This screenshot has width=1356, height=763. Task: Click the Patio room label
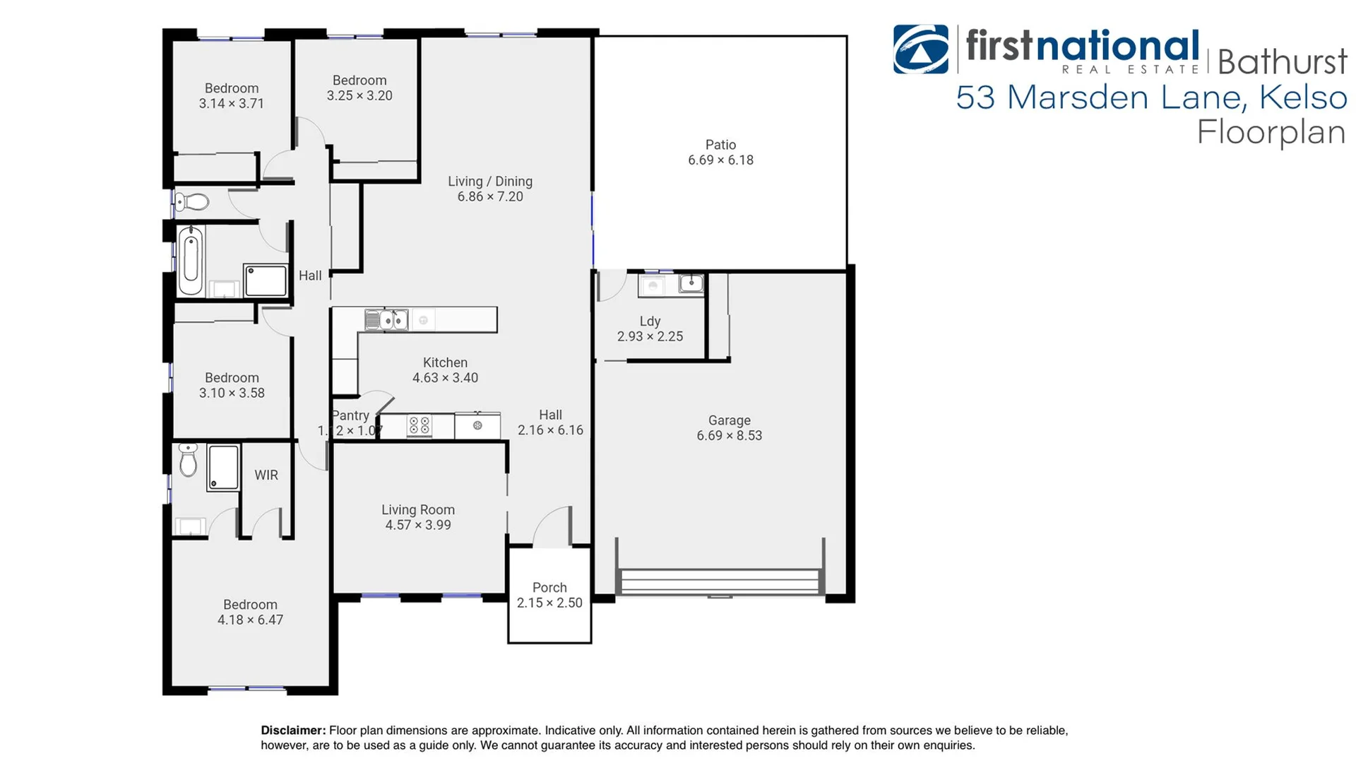coord(720,145)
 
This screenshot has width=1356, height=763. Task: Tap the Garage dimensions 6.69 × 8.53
coord(729,436)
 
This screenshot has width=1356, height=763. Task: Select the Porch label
coord(549,588)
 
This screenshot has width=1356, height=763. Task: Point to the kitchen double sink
coord(386,320)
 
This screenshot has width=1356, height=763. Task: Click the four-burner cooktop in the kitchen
coord(420,426)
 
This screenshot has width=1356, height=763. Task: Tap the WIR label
coord(266,475)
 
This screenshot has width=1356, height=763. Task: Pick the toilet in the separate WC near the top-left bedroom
coord(191,203)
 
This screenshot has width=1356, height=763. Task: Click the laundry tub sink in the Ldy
coord(690,284)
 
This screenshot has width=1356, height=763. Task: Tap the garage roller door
coord(720,582)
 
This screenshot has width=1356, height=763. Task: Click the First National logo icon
coord(920,49)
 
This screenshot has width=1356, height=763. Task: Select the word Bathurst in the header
coord(1282,62)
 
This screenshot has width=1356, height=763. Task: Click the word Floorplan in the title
coord(1271,133)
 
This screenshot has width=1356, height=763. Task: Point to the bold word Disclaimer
coord(293,731)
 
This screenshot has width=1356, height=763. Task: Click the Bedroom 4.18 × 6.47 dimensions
coord(250,620)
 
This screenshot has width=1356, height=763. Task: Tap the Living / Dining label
coord(490,182)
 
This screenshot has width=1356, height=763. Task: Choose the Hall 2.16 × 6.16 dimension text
coord(550,430)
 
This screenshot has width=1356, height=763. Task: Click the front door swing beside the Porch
coord(552,526)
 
